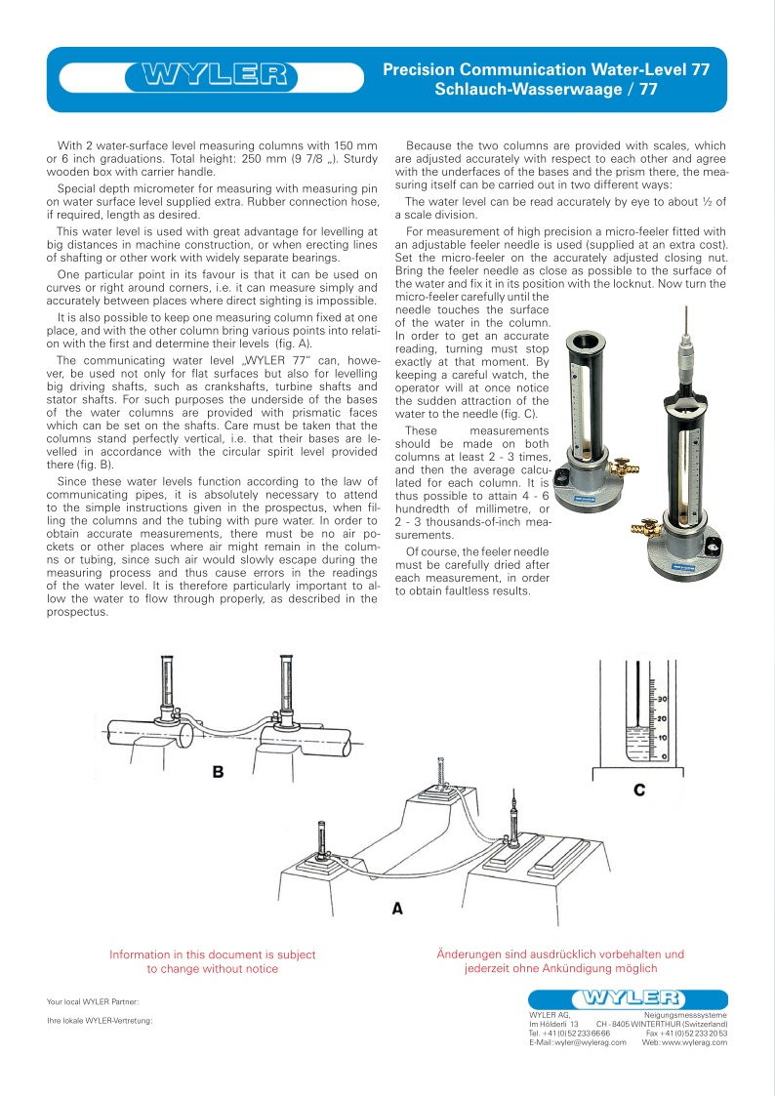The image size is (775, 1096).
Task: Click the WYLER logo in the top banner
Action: coord(216,75)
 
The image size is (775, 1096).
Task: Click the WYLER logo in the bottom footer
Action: coord(629,997)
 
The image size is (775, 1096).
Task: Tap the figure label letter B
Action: coord(219,772)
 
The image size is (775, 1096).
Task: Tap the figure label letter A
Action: coord(397,908)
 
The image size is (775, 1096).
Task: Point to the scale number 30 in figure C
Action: coord(660,700)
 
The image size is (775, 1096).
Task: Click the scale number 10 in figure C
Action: coord(660,737)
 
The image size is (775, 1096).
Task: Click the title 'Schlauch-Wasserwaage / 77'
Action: coord(546,89)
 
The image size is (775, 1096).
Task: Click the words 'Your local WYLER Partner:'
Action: coord(94,1001)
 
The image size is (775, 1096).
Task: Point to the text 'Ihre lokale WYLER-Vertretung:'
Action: coord(101,1021)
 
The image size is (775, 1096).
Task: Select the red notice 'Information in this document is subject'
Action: coord(212,954)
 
